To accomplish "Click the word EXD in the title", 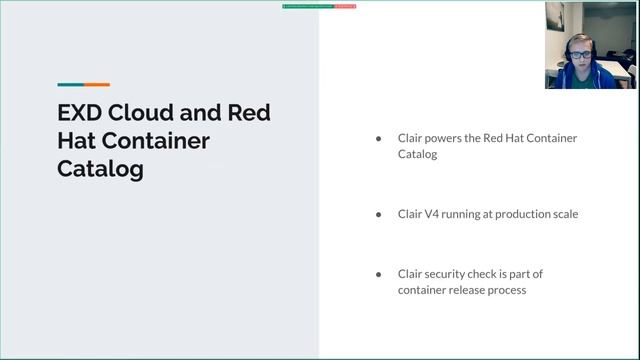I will click(80, 112).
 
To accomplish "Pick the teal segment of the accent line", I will click(70, 84).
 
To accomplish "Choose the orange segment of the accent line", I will click(97, 84).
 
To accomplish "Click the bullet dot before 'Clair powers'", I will click(378, 138).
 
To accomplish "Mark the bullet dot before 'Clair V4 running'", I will click(378, 214).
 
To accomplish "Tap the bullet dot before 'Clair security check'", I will click(378, 274).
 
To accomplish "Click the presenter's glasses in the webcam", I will click(581, 56).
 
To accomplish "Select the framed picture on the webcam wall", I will click(555, 17).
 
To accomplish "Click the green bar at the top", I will click(307, 6).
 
